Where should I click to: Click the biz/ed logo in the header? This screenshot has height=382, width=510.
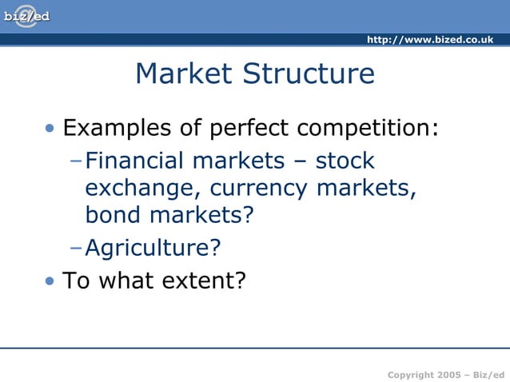click(x=26, y=16)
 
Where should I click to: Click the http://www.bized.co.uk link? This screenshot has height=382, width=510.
click(x=429, y=40)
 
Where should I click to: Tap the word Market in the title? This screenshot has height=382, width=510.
click(x=185, y=74)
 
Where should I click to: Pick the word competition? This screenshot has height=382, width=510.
click(x=368, y=128)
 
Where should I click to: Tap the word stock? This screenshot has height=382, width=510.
click(x=345, y=161)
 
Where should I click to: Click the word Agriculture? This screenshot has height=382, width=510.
click(x=152, y=248)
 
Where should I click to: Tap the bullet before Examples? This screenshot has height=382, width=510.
click(x=50, y=129)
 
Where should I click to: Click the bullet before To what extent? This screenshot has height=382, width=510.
click(x=50, y=281)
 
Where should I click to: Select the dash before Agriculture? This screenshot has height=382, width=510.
click(x=76, y=247)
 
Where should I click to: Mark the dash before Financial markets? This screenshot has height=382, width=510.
click(x=76, y=161)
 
